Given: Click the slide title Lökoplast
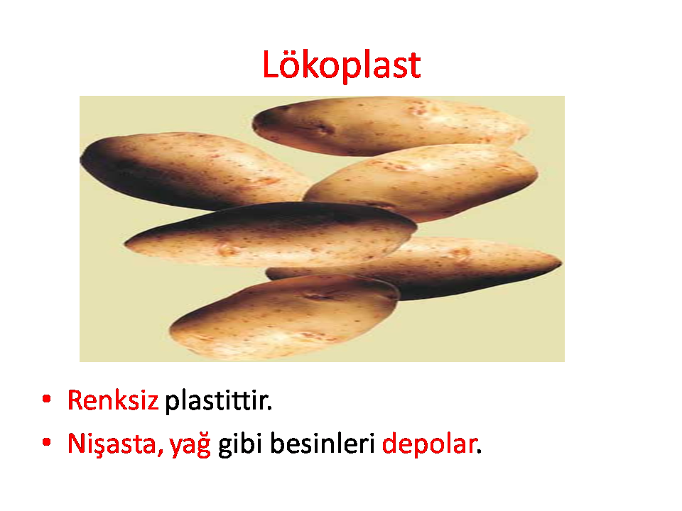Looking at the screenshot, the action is tap(342, 65).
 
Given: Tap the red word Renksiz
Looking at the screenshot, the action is tap(113, 400).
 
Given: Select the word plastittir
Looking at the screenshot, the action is tap(218, 400).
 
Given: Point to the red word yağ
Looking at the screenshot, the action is tap(190, 444).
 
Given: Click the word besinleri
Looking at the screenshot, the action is tap(323, 443).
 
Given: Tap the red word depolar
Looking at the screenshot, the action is tap(429, 444).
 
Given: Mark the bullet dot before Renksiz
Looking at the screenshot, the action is tap(47, 399).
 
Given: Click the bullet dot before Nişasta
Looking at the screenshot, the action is tap(47, 443).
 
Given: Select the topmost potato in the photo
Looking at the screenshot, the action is tap(390, 126).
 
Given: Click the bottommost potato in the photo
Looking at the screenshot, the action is tap(284, 317).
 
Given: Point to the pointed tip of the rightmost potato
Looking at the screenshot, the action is tap(561, 263).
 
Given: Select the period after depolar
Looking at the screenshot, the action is tap(479, 452).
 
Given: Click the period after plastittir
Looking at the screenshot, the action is tap(269, 408).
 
